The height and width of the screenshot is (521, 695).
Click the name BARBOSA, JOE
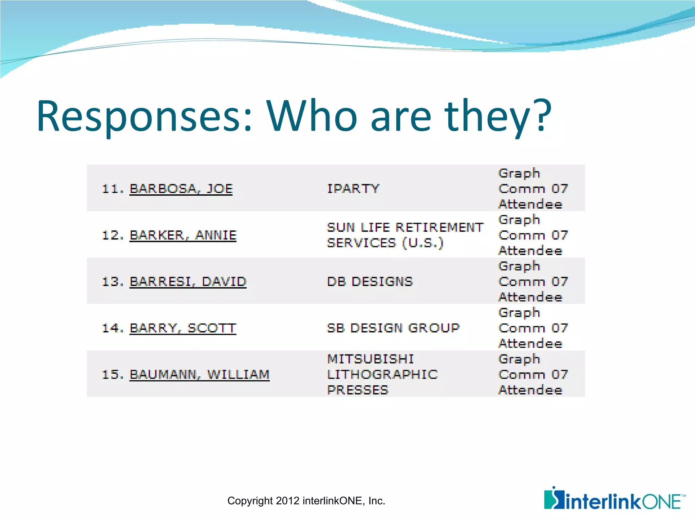[181, 189]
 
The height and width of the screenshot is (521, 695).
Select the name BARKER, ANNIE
[183, 235]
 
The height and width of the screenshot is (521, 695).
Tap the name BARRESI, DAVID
[188, 282]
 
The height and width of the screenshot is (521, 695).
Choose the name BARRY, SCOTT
[183, 328]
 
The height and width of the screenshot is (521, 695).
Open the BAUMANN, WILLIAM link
[199, 374]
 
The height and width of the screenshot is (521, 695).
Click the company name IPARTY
[353, 189]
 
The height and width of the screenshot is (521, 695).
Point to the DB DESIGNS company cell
[370, 282]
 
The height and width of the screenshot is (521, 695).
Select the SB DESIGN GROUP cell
[393, 328]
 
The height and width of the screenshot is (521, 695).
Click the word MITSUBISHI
[370, 359]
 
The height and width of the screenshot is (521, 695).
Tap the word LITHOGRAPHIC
[382, 374]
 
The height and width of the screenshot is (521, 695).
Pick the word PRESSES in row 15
[357, 390]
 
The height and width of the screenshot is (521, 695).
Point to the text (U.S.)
[422, 243]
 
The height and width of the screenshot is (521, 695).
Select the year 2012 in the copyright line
[288, 501]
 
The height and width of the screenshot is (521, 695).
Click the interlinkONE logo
[615, 499]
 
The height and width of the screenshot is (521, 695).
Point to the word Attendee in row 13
[530, 297]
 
